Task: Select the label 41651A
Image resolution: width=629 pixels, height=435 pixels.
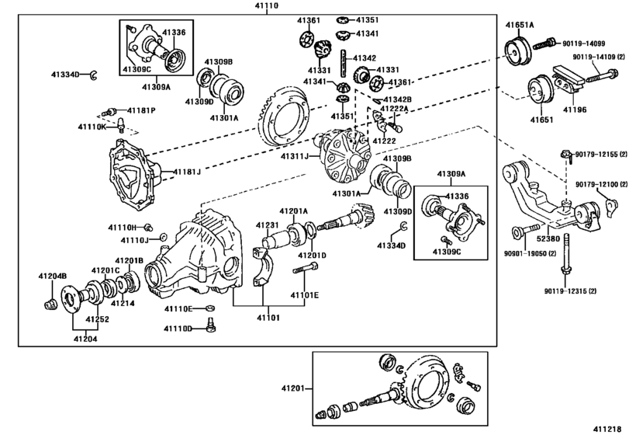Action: (520, 25)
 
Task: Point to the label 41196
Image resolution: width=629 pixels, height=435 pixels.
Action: (574, 110)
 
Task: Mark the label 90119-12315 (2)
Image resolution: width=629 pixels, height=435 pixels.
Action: (570, 291)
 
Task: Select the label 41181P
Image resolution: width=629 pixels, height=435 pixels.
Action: (142, 111)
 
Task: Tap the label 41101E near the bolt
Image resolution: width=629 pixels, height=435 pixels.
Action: (306, 296)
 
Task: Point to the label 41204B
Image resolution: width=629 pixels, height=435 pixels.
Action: (53, 276)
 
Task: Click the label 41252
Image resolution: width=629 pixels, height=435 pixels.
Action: (97, 319)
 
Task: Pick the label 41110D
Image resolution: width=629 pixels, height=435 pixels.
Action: (178, 329)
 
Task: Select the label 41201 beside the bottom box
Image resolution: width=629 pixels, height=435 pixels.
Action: (295, 388)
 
